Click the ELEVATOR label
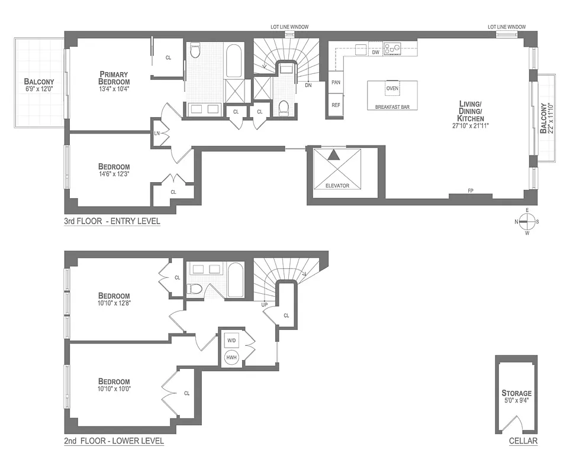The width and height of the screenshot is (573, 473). click(337, 186)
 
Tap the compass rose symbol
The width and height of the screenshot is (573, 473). click(527, 222)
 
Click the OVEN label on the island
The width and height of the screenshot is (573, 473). click(392, 88)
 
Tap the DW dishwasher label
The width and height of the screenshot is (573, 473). click(375, 52)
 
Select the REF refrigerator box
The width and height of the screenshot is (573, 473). click(336, 105)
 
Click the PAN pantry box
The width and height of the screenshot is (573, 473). click(336, 82)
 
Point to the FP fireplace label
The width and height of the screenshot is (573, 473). click(471, 190)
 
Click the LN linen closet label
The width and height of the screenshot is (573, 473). click(157, 133)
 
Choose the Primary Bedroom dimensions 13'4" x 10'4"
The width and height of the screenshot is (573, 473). click(114, 89)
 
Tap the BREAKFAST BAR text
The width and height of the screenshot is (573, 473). click(392, 107)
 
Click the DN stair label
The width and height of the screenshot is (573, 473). click(308, 85)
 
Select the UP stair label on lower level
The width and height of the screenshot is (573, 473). click(266, 304)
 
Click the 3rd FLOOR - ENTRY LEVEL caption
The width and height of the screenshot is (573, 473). click(112, 221)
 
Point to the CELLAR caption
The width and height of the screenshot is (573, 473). click(523, 440)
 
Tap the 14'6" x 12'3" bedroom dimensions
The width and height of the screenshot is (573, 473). click(114, 174)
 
